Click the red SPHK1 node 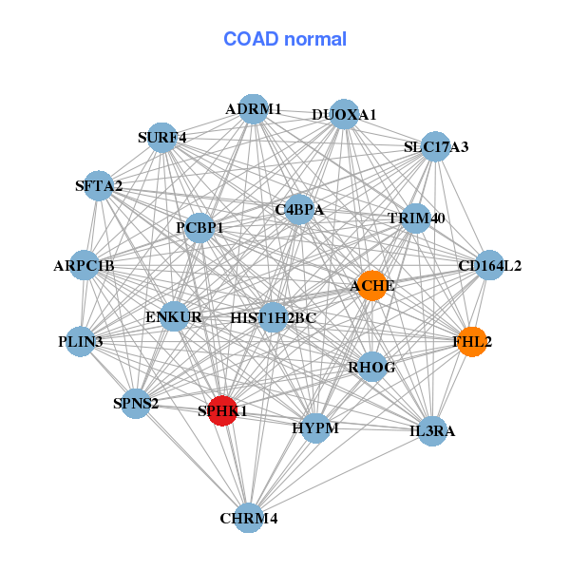click(222, 410)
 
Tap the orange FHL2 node click(472, 341)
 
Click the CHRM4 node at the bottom click(249, 518)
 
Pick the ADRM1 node click(253, 109)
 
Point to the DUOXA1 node click(344, 115)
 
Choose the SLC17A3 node click(435, 147)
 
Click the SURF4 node click(162, 138)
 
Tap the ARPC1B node click(84, 266)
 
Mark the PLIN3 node click(80, 340)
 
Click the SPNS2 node click(136, 403)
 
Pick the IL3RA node click(432, 431)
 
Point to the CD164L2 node click(489, 266)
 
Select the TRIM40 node click(416, 218)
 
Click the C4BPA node click(299, 209)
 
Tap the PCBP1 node click(199, 228)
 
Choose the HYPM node click(314, 428)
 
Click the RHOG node click(371, 367)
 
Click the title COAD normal click(285, 39)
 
